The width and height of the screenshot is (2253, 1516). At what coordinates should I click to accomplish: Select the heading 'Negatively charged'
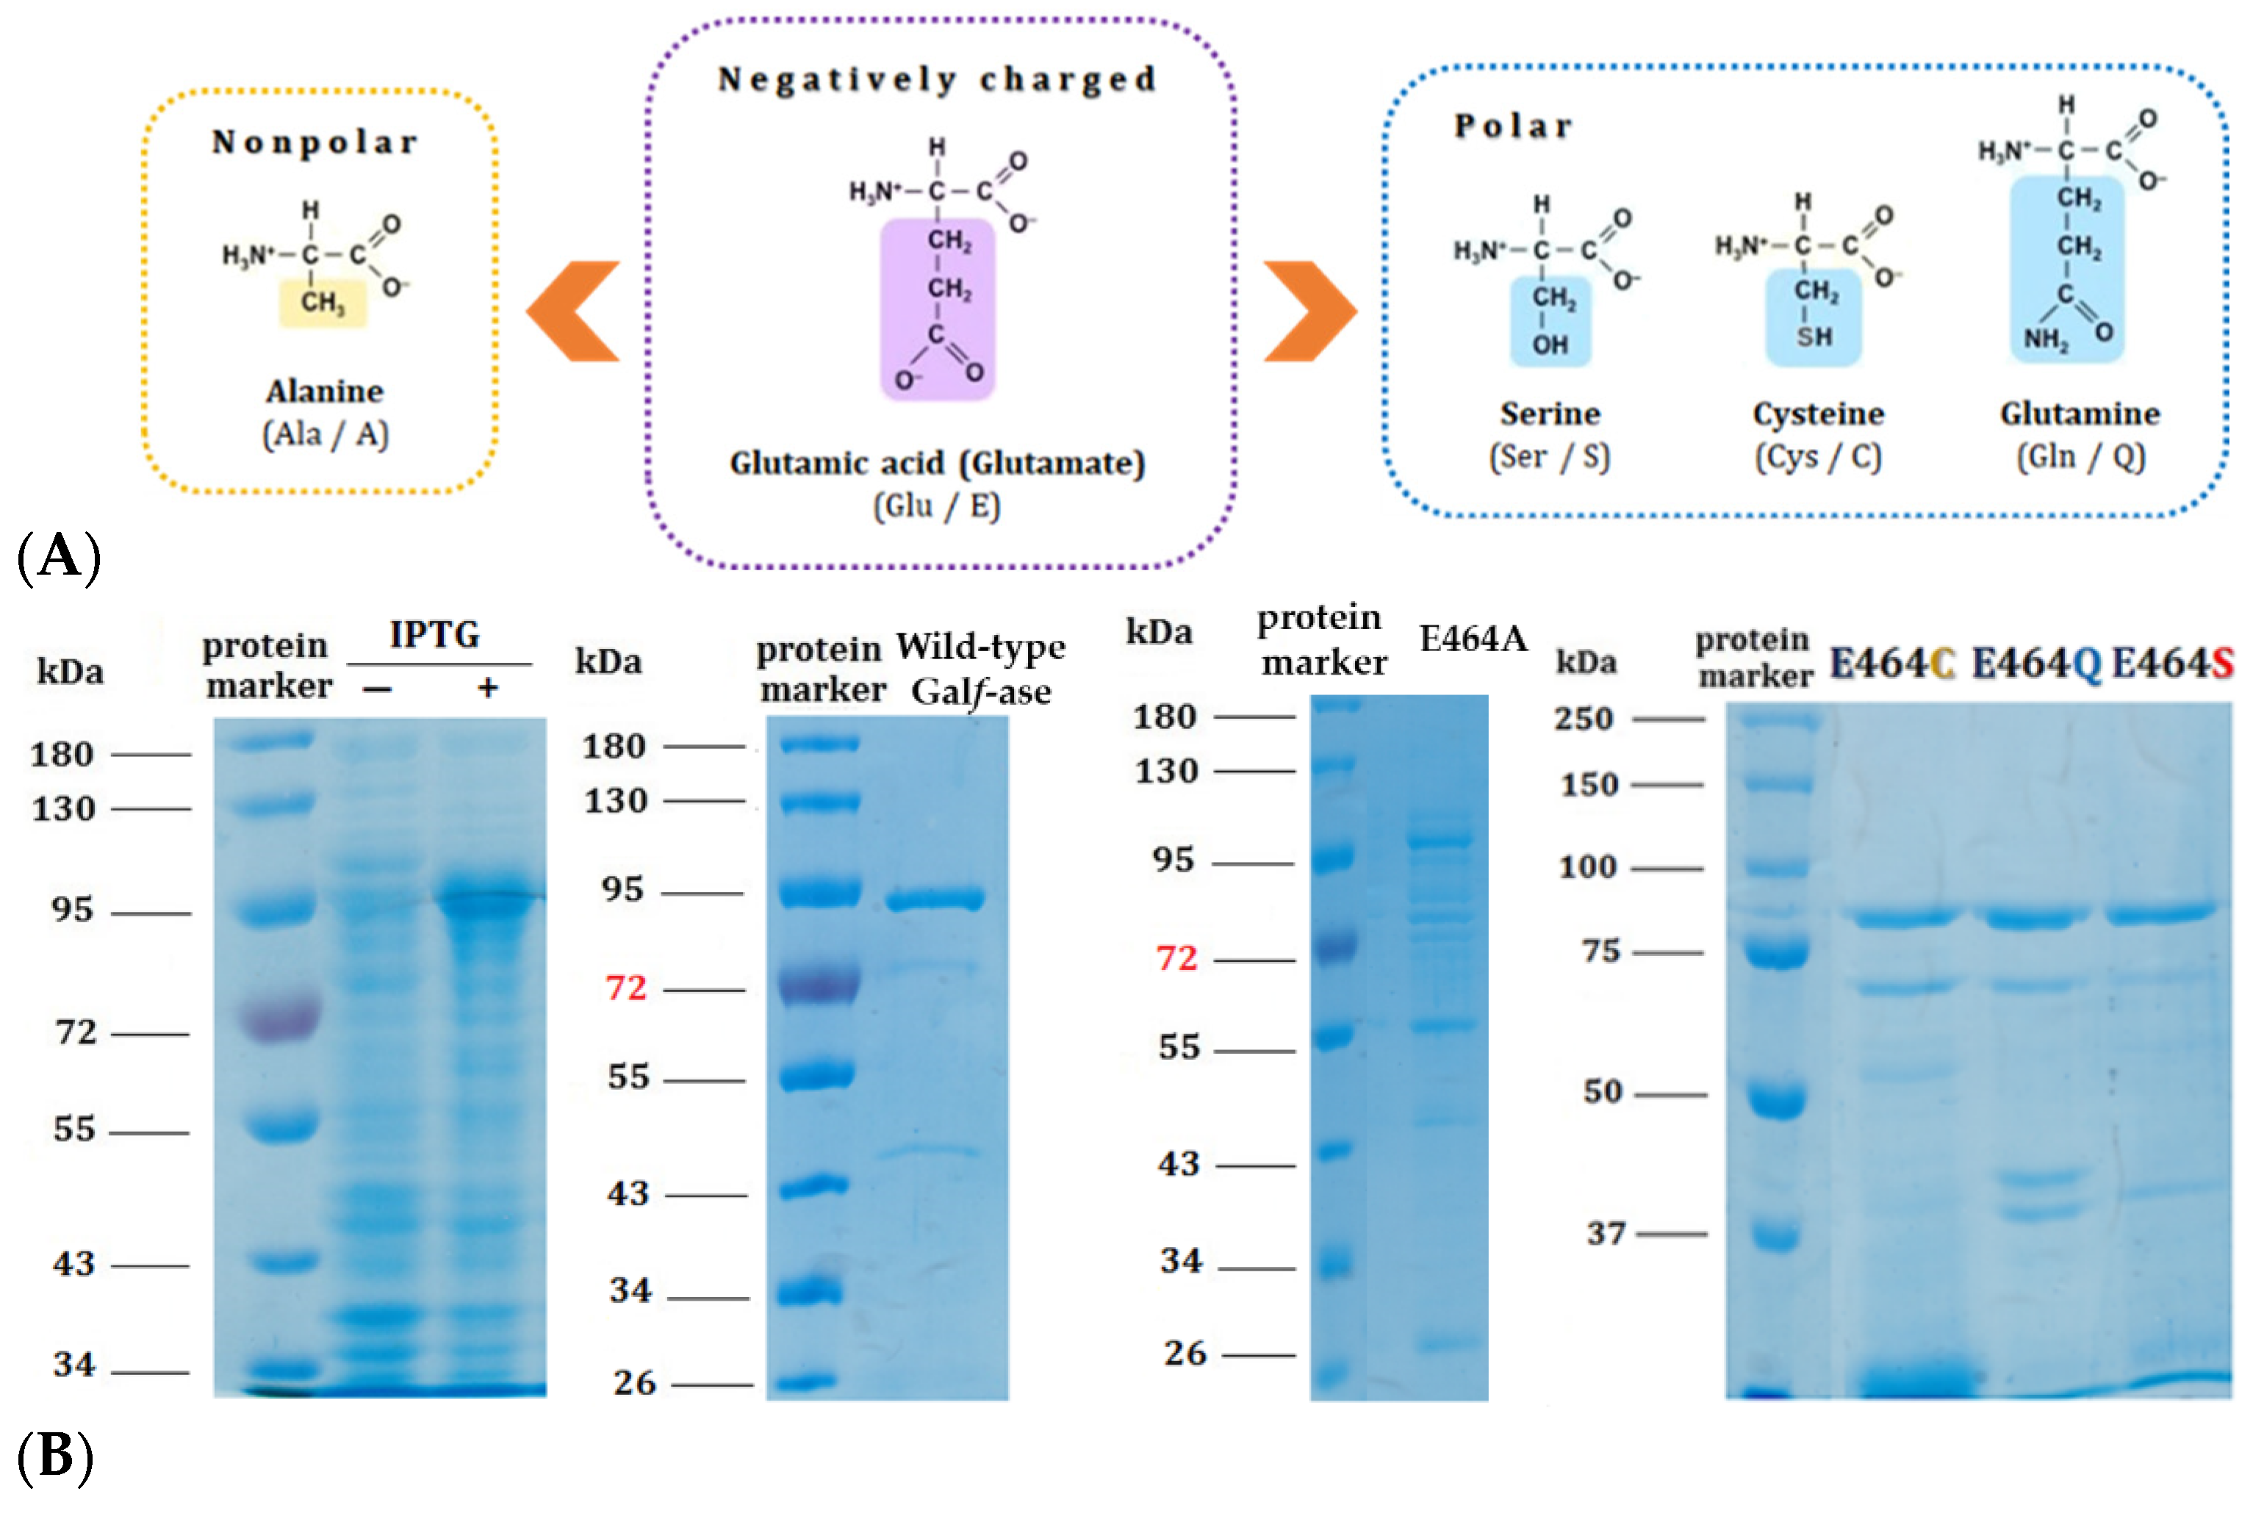pyautogui.click(x=937, y=79)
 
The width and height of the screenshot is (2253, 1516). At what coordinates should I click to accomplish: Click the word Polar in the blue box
pyautogui.click(x=1514, y=126)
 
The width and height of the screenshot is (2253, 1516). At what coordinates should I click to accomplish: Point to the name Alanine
pyautogui.click(x=325, y=392)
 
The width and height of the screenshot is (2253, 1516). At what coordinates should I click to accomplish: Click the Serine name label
pyautogui.click(x=1549, y=414)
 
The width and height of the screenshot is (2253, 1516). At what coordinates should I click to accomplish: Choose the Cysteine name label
pyautogui.click(x=1818, y=414)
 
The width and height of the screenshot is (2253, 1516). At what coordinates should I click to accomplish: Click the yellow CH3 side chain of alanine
pyautogui.click(x=322, y=303)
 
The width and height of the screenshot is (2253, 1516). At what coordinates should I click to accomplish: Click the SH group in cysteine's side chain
pyautogui.click(x=1814, y=337)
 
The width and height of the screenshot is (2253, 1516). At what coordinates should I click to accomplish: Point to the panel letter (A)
pyautogui.click(x=59, y=557)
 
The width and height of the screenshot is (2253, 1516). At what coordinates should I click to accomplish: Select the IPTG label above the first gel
pyautogui.click(x=434, y=635)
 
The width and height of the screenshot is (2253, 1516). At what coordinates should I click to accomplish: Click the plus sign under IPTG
pyautogui.click(x=488, y=687)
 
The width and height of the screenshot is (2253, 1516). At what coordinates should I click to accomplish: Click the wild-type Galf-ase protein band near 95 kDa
pyautogui.click(x=935, y=900)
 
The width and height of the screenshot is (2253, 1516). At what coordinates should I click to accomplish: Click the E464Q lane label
pyautogui.click(x=2035, y=664)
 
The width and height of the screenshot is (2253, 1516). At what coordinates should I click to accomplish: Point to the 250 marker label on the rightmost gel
pyautogui.click(x=1583, y=719)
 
